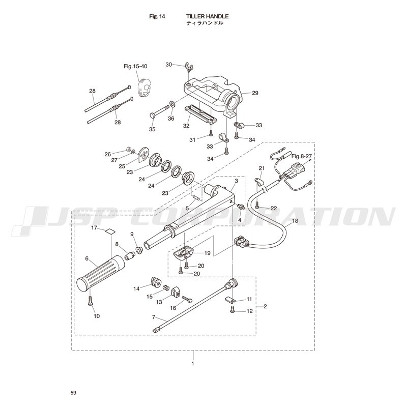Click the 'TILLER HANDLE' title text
pos(207,16)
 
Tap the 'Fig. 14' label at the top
pos(157,16)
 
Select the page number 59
pos(73,393)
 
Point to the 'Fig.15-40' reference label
pos(135,66)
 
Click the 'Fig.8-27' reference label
pos(301,156)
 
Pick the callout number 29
pos(255,93)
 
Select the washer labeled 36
pos(172,104)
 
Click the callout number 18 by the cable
pos(295,221)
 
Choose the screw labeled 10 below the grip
pos(90,301)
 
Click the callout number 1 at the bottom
pos(193,364)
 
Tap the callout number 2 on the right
pos(265,306)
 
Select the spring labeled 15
pos(166,288)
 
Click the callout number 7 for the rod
pos(154,317)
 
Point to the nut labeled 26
pos(128,149)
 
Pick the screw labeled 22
pos(256,206)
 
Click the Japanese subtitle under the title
pos(205,23)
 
